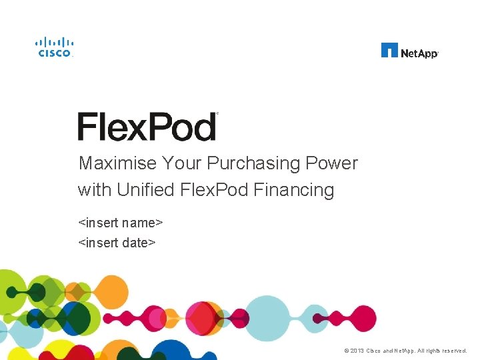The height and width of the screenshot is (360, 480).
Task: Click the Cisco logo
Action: click(x=54, y=47)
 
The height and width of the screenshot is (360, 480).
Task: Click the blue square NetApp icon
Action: click(x=389, y=50)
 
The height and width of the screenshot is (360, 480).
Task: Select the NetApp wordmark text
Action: click(x=419, y=52)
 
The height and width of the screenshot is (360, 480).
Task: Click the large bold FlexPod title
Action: click(x=147, y=127)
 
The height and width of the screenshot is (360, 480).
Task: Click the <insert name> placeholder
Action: click(x=121, y=221)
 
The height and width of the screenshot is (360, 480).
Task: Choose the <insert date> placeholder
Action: click(x=117, y=243)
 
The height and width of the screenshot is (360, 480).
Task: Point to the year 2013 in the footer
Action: click(x=357, y=351)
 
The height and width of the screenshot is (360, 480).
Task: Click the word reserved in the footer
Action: click(x=453, y=351)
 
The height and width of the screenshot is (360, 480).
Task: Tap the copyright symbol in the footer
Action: click(x=346, y=351)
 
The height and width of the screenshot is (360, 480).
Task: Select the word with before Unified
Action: click(x=94, y=190)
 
